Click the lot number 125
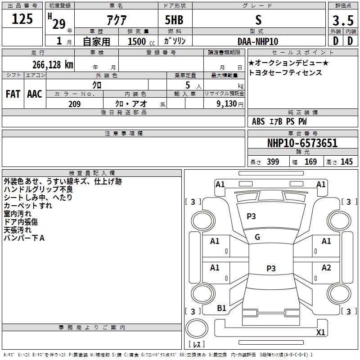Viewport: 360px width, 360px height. pos(22,19)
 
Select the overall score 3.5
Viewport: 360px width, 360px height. pos(343,20)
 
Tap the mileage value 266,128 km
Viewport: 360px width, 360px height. pos(53,65)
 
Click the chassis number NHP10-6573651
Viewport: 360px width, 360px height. pos(302,143)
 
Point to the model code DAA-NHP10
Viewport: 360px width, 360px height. pos(258,41)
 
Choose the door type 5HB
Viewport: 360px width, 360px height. pos(174,20)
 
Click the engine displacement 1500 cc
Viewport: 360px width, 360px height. pos(141,41)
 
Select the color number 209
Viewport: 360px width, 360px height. pos(74,104)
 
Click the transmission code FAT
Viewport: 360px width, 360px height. pos(13,94)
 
